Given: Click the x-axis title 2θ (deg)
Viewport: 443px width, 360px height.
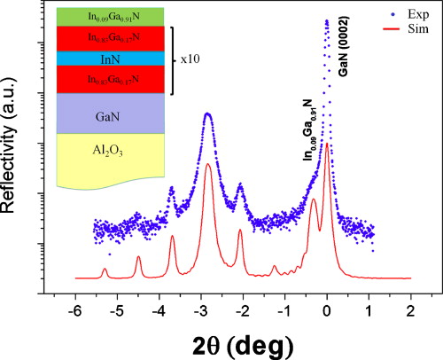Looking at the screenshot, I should point(241,341).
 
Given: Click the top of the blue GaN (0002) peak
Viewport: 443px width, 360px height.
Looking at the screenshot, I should point(327,21).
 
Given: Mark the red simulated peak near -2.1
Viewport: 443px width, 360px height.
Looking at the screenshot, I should point(240,231).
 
